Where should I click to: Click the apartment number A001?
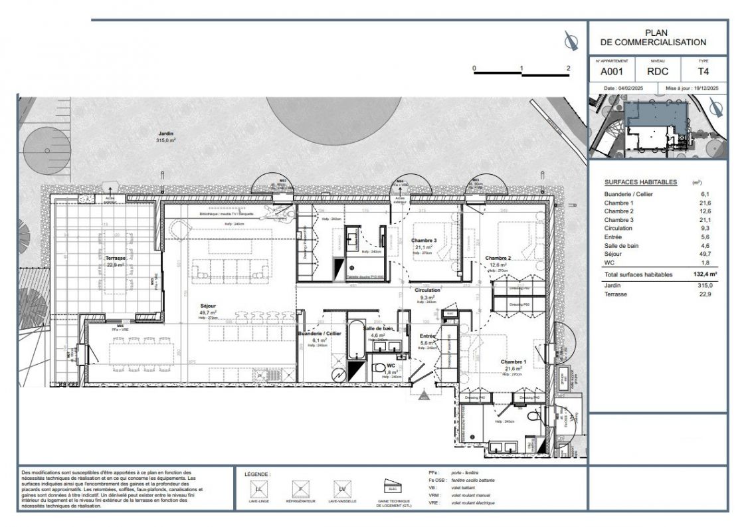pyautogui.click(x=611, y=72)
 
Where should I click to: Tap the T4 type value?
pyautogui.click(x=702, y=72)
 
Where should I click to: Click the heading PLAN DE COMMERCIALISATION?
pyautogui.click(x=656, y=37)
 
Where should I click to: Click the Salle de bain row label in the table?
pyautogui.click(x=623, y=245)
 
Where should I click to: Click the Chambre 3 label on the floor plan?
pyautogui.click(x=423, y=241)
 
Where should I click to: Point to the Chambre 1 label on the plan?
pyautogui.click(x=514, y=362)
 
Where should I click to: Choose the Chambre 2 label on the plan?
pyautogui.click(x=498, y=258)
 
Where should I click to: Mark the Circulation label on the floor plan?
pyautogui.click(x=427, y=290)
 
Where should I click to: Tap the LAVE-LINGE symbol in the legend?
pyautogui.click(x=258, y=489)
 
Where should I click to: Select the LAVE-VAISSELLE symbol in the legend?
pyautogui.click(x=342, y=489)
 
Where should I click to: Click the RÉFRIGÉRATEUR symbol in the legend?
pyautogui.click(x=300, y=489)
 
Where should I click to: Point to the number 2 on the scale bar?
pyautogui.click(x=568, y=68)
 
